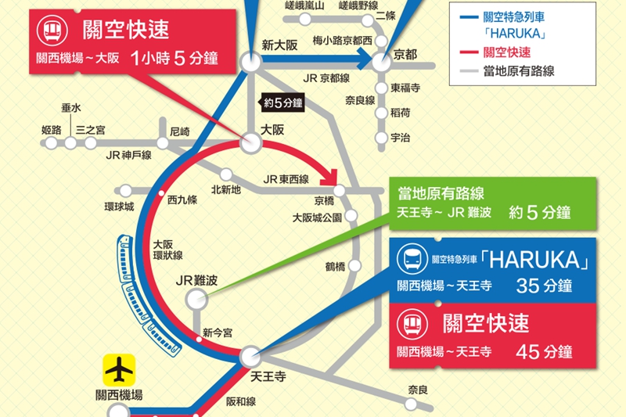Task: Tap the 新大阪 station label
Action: pos(280,45)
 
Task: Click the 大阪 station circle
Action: pos(252,142)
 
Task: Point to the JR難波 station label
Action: pos(196,280)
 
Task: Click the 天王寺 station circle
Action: pos(250,357)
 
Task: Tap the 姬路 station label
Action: pos(52,130)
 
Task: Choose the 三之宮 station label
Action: pos(91,130)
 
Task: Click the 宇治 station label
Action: pos(400,138)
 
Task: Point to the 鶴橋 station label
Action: pos(336,266)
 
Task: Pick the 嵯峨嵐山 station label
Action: pos(304,5)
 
